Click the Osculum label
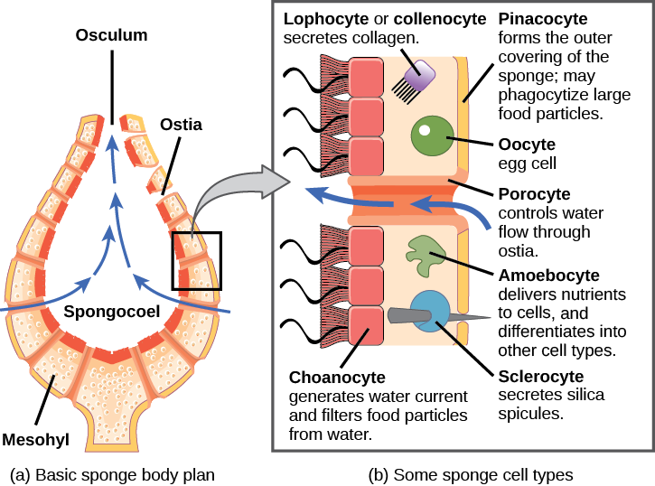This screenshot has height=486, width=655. (x=112, y=36)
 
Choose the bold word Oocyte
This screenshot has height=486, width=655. (x=527, y=144)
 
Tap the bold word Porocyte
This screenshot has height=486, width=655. (x=534, y=194)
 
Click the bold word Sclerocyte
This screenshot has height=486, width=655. (x=541, y=375)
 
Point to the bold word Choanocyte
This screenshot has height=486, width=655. (x=338, y=377)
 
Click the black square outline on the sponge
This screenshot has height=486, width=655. (x=195, y=261)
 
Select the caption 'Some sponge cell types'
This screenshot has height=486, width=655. (x=471, y=473)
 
